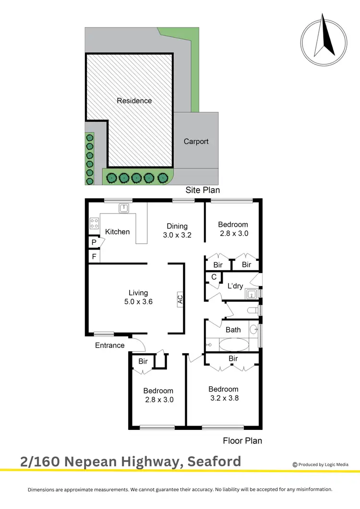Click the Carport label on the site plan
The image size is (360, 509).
click(196, 142)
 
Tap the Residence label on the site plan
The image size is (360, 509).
click(134, 101)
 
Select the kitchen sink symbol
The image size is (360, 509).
click(123, 208)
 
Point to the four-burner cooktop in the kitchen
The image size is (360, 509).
click(94, 223)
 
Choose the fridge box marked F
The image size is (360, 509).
click(94, 257)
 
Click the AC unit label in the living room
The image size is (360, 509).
click(180, 300)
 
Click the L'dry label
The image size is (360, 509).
click(235, 286)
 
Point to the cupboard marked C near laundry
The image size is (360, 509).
click(214, 277)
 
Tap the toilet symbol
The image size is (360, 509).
click(252, 311)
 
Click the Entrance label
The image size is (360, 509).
click(109, 345)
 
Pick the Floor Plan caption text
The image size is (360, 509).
click(242, 440)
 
